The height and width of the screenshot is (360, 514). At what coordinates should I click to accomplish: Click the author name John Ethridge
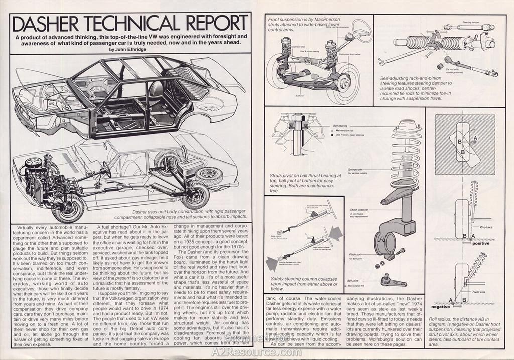pos(132,50)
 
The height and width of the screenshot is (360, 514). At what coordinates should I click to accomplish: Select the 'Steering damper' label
pos(470,22)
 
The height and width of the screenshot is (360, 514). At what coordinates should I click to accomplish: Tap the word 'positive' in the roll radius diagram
pos(480,243)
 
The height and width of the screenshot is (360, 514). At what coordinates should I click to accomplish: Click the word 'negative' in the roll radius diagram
pos(441,306)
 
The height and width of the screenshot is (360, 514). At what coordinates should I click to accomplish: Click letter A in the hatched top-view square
pos(474,137)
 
